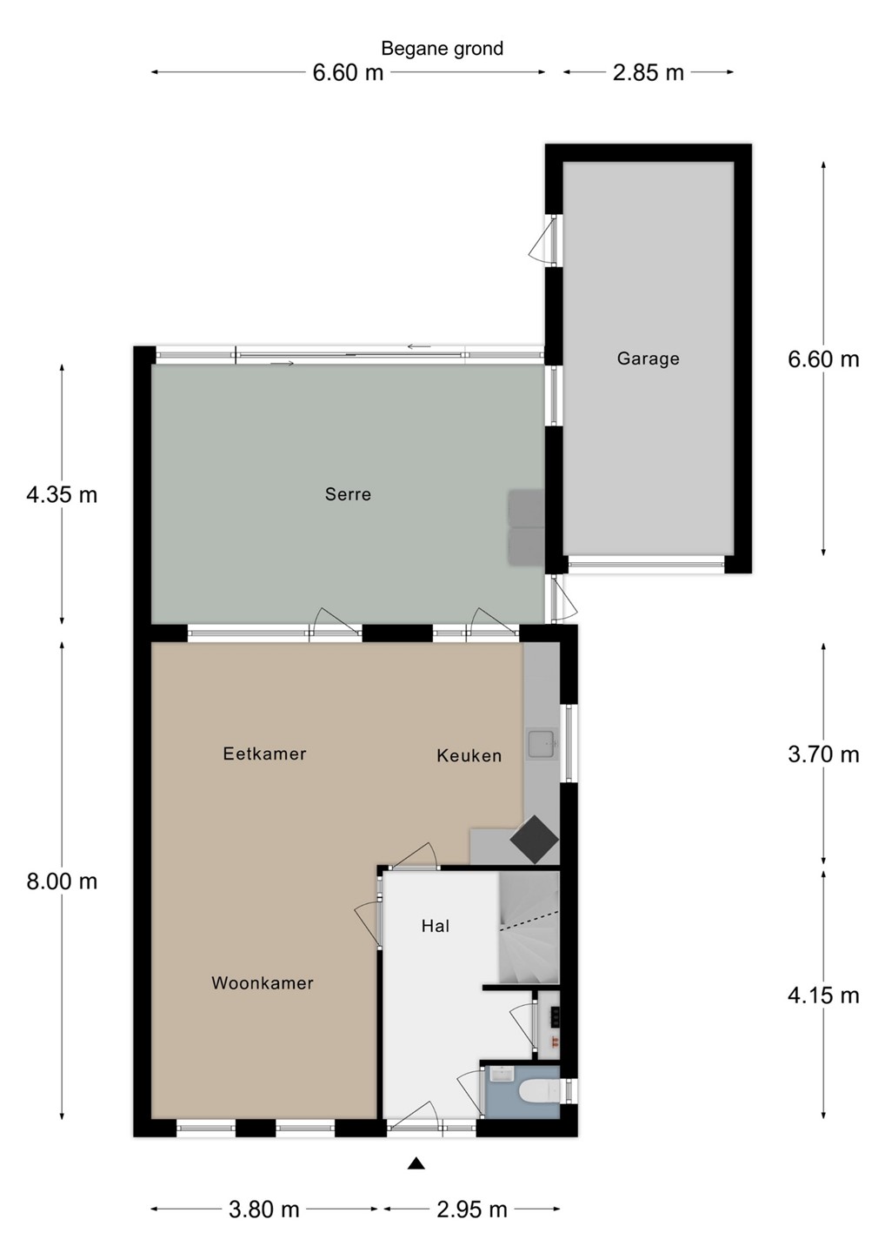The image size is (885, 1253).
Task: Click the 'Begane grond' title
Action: coord(442,49)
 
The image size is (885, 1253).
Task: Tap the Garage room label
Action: coord(649,358)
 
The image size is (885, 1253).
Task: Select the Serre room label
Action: coord(348,494)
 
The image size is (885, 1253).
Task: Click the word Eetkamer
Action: coord(265,754)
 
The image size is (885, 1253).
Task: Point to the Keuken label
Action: coord(469,755)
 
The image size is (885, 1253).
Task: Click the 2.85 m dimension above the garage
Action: coord(649,73)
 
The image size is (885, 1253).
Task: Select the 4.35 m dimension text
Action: coord(62,494)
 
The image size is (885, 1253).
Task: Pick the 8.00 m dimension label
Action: coord(62,881)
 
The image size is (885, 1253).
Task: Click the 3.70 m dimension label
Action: coord(823,754)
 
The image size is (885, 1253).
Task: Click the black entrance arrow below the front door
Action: coord(416,1163)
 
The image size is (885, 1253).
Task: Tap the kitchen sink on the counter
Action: coord(541,743)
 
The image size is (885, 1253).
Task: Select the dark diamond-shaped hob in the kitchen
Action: coord(534,840)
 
